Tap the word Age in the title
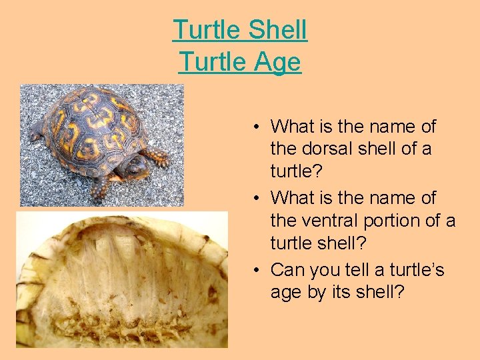(277, 63)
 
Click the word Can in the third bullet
(287, 271)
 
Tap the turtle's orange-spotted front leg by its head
(157, 157)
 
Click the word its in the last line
(351, 293)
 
